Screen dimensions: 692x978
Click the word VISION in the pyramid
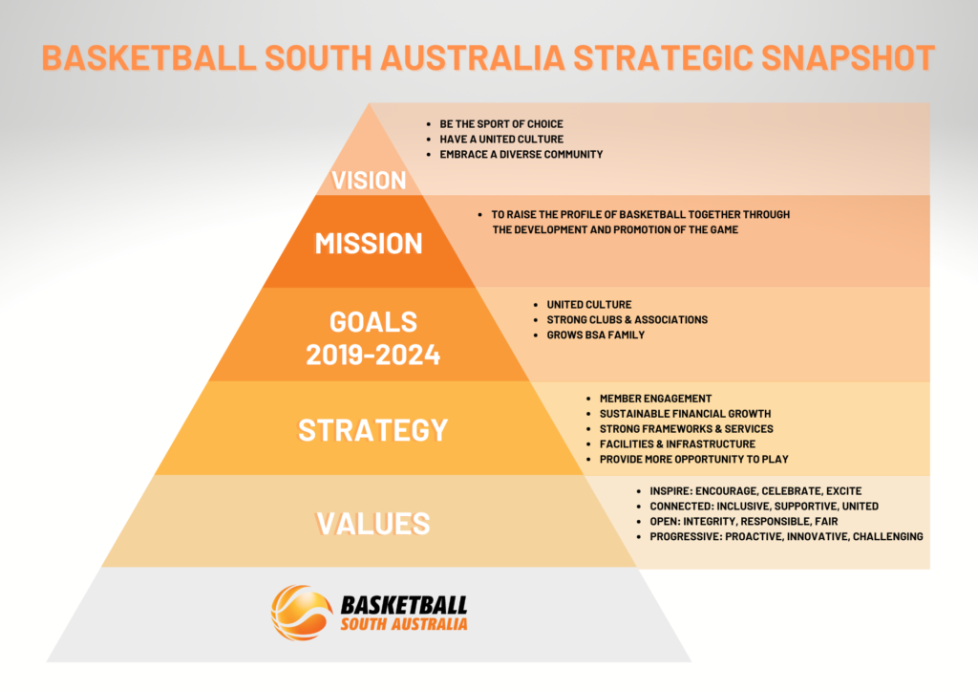370,181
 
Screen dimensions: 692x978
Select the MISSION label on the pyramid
369,243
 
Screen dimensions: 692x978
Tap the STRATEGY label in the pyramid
372,430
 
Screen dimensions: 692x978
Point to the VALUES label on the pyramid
373,523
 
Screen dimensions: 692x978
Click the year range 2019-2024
373,356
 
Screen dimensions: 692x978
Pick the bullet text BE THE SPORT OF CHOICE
501,124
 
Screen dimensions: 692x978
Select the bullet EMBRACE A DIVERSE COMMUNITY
521,154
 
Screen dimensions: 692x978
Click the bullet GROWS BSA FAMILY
596,335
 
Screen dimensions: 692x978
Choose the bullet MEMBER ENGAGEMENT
655,398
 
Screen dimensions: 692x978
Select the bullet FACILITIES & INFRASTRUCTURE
677,443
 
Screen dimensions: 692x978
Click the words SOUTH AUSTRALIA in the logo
404,624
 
